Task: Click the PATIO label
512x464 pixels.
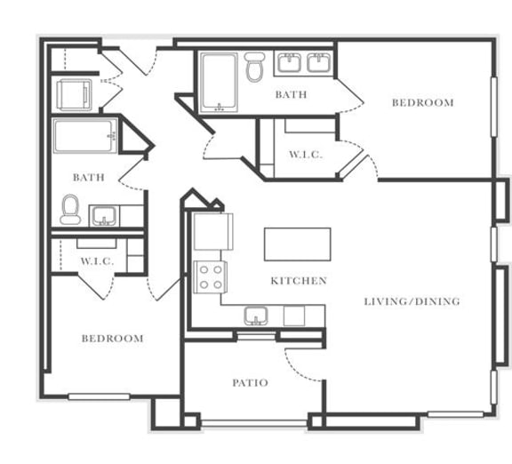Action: pos(251,383)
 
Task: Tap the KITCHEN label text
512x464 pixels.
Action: pos(299,281)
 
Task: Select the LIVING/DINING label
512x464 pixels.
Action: pos(412,302)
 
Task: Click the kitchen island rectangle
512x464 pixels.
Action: pos(297,244)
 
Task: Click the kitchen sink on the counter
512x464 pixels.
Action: pos(256,315)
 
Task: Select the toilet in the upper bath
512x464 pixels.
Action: pos(256,67)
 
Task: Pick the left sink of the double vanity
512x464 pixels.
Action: pos(288,63)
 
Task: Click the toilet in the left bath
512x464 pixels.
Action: pos(69,209)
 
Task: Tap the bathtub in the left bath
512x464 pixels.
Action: pos(85,138)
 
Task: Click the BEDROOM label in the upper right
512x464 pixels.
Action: pos(423,103)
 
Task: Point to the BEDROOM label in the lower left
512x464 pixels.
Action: pos(113,339)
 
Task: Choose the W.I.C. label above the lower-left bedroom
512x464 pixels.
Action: pos(96,261)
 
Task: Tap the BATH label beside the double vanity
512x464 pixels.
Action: pos(291,94)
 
